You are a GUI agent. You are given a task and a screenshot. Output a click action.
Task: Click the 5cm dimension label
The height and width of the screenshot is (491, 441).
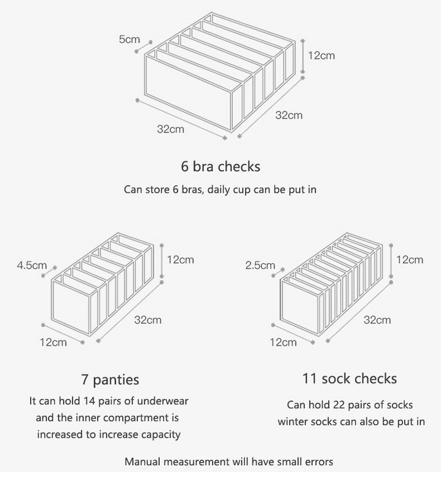129,39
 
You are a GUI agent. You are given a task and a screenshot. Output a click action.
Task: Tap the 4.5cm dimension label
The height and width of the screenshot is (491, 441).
32,265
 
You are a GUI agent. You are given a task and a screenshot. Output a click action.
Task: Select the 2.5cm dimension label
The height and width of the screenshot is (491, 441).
260,265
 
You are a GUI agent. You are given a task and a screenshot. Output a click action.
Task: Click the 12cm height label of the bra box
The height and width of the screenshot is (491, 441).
321,55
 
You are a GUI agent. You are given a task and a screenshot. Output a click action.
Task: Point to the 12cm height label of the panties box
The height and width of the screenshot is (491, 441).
180,260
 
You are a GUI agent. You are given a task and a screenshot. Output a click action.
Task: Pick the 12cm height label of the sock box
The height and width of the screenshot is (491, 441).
410,260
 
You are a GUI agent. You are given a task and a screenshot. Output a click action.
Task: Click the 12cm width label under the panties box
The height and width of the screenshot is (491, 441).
53,342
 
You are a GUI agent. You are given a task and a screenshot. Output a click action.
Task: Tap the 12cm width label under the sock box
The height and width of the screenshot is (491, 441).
283,342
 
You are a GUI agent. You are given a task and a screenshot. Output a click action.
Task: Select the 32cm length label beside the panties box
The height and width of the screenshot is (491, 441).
148,320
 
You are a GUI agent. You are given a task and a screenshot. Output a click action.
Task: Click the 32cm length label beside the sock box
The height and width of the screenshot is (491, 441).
377,320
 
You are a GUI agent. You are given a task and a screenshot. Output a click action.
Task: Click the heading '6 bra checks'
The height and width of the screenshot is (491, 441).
221,166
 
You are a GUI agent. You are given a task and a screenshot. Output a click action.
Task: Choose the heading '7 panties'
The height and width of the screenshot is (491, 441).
110,379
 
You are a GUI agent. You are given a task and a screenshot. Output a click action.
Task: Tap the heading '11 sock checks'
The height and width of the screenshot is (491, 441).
349,378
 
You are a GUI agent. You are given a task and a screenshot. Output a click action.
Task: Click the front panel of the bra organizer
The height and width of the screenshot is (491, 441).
189,93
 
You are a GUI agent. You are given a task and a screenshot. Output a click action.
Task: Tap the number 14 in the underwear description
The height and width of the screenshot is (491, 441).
89,401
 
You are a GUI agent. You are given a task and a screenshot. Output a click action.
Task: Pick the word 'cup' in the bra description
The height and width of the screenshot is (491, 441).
244,190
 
